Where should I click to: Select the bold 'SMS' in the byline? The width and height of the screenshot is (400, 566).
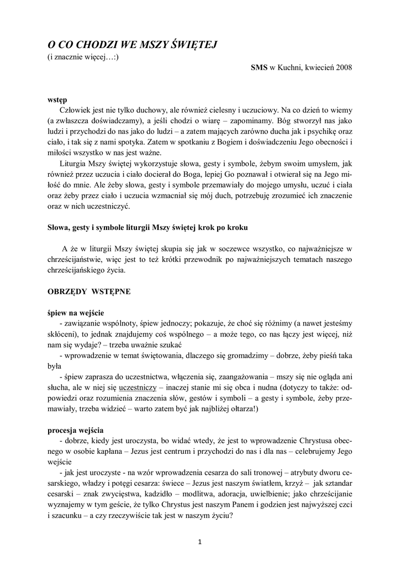pyautogui.click(x=259, y=67)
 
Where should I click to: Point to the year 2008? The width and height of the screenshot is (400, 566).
pyautogui.click(x=343, y=67)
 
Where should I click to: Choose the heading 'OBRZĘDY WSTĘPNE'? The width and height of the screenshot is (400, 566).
pyautogui.click(x=88, y=292)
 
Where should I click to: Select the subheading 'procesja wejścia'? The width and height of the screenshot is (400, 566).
pyautogui.click(x=75, y=430)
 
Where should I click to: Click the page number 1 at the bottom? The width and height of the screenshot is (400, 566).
pyautogui.click(x=200, y=541)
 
